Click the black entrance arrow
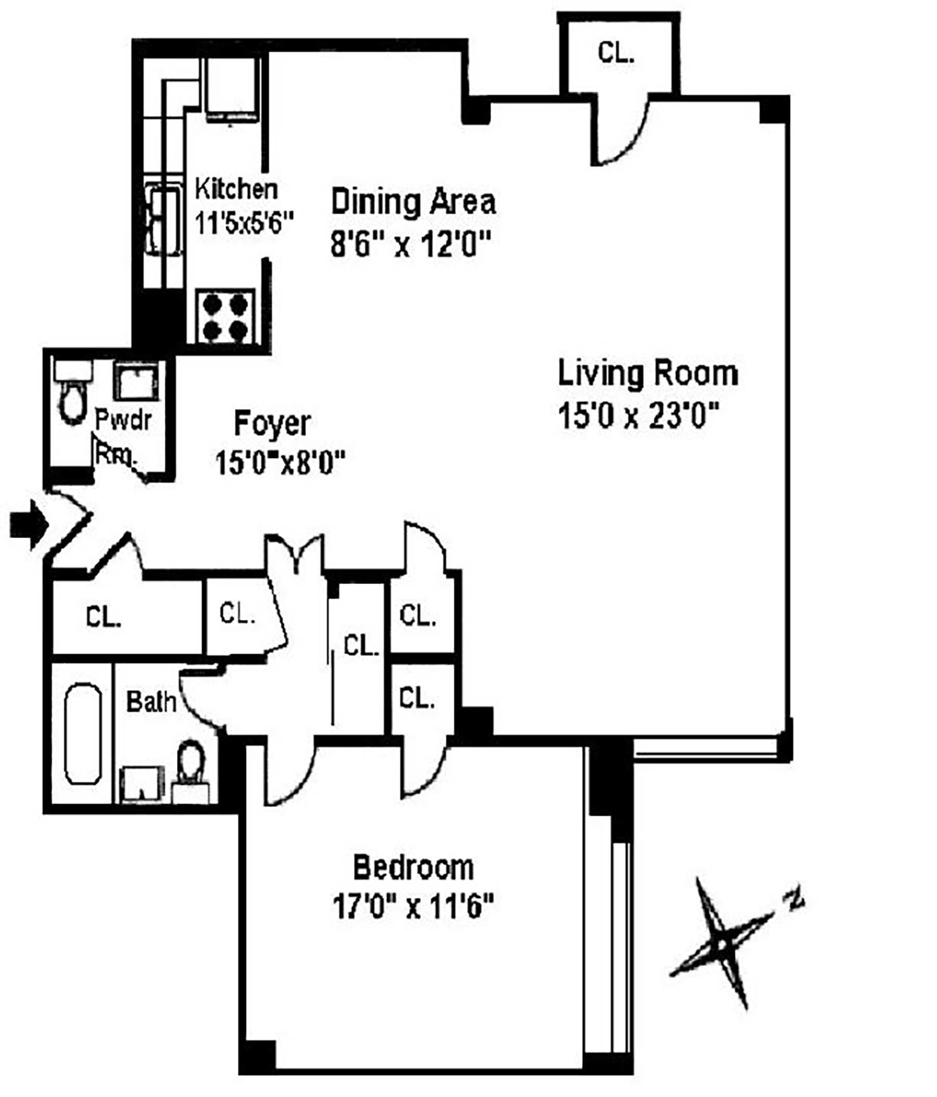pos(30,525)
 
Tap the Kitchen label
pos(236,189)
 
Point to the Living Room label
pos(648,374)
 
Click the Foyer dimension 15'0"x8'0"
pos(280,463)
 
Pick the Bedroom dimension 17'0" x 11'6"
pos(413,907)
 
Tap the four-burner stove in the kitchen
pos(225,316)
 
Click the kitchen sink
pos(163,219)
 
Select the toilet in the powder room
pos(73,393)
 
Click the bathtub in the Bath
pos(83,734)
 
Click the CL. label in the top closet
pos(616,53)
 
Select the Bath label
pos(151,702)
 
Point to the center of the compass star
pos(721,944)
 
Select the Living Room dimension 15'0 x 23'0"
pos(639,416)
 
